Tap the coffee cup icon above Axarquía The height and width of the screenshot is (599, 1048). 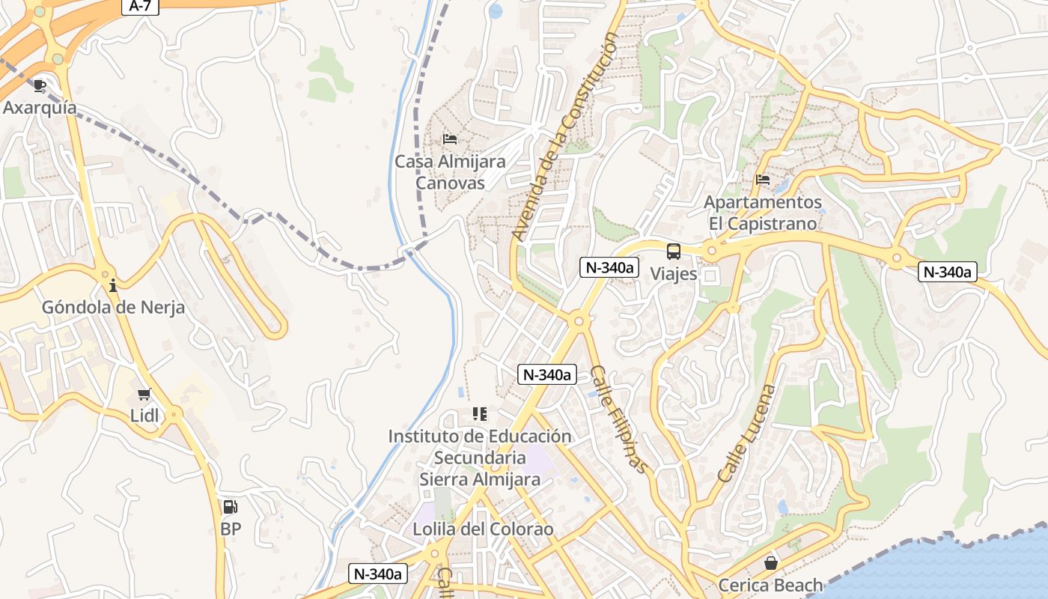pyautogui.click(x=40, y=86)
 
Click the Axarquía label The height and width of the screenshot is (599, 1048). pyautogui.click(x=40, y=108)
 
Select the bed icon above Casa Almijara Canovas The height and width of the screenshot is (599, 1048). pyautogui.click(x=450, y=139)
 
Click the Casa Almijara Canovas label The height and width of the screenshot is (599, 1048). pyautogui.click(x=450, y=172)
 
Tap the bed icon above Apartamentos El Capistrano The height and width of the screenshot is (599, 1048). pyautogui.click(x=763, y=180)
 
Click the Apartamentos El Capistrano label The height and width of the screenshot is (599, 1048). pyautogui.click(x=763, y=213)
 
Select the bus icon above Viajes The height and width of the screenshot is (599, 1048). pyautogui.click(x=674, y=252)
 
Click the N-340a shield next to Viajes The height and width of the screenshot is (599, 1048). pyautogui.click(x=609, y=267)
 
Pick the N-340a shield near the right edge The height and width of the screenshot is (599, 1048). pyautogui.click(x=948, y=272)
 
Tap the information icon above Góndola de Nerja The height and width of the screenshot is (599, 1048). pyautogui.click(x=113, y=285)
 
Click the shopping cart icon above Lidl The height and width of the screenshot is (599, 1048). pyautogui.click(x=144, y=394)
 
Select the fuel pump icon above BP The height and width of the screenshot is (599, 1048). pyautogui.click(x=231, y=507)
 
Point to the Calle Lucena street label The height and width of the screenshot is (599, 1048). pyautogui.click(x=746, y=434)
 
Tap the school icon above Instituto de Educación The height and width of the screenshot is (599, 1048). pyautogui.click(x=479, y=414)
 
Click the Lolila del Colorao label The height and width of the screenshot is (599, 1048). pyautogui.click(x=483, y=529)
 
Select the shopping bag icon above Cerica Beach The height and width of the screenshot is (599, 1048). pyautogui.click(x=770, y=563)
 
